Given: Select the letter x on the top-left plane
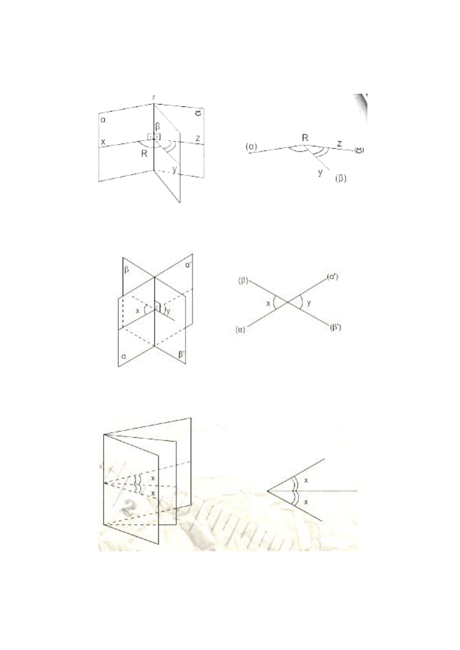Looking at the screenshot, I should tap(103, 142).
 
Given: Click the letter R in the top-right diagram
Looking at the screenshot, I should tap(305, 138).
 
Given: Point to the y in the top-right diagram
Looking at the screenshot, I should tap(320, 172).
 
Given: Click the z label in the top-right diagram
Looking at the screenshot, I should tap(339, 143).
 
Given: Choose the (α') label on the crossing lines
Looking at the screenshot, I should tap(332, 277).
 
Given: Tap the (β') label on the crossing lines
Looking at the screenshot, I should tap(335, 328).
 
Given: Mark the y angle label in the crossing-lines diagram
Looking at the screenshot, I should tap(308, 303).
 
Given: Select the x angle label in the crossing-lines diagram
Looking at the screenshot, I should tap(268, 303).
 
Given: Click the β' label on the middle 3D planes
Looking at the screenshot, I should tap(182, 354).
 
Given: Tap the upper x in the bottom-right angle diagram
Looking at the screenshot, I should tap(306, 480).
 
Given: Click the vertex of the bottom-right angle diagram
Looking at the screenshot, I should tap(268, 491).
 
